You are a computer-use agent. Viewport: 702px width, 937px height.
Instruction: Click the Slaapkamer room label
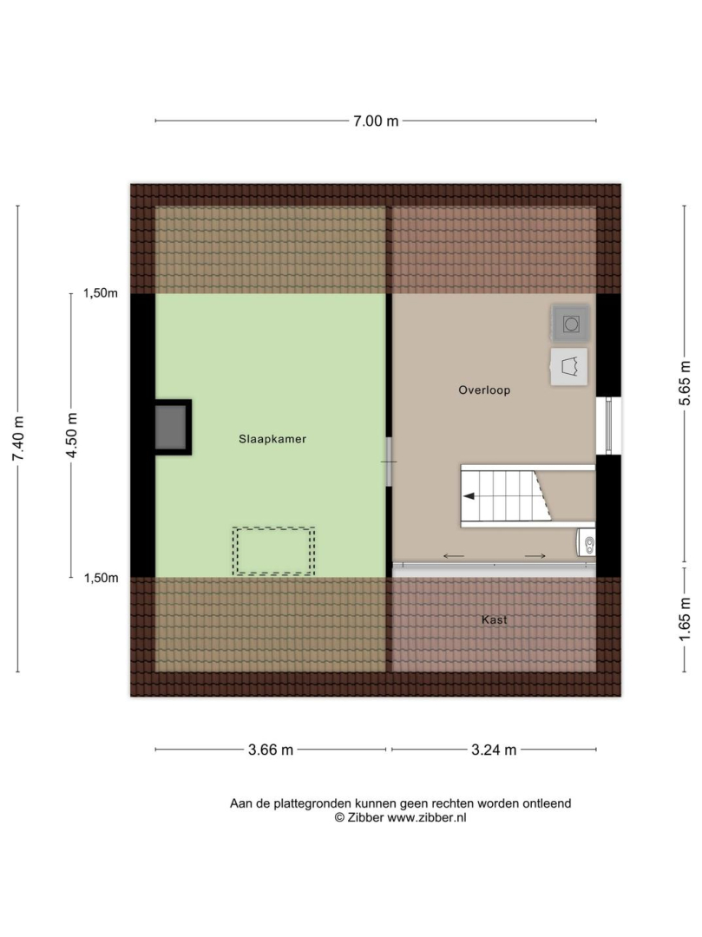[x=272, y=439]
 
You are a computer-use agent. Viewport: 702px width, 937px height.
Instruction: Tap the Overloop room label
[x=484, y=390]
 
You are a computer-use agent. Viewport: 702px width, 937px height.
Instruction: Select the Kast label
[x=494, y=619]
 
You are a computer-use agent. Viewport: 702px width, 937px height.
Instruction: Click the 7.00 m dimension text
[x=376, y=121]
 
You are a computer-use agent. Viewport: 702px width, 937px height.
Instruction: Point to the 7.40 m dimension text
[x=18, y=438]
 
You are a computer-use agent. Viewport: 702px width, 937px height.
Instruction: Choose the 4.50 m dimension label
[x=71, y=436]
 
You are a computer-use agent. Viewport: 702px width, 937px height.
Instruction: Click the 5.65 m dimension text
[x=685, y=383]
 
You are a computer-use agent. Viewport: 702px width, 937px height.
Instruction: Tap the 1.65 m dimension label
[x=685, y=618]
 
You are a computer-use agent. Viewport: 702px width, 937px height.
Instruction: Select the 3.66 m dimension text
[x=271, y=750]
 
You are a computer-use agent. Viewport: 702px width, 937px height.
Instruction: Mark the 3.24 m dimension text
[x=494, y=750]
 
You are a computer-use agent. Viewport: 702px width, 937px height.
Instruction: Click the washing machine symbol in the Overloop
[x=571, y=324]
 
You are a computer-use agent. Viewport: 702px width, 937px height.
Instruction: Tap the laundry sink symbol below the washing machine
[x=568, y=366]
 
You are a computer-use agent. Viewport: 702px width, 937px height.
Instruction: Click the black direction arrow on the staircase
[x=469, y=496]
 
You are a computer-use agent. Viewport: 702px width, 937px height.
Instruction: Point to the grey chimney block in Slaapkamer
[x=171, y=427]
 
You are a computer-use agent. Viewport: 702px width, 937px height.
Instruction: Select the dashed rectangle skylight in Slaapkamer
[x=273, y=551]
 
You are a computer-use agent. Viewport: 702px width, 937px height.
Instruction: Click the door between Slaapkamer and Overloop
[x=389, y=462]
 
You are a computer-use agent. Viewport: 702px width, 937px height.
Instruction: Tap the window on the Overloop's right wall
[x=609, y=425]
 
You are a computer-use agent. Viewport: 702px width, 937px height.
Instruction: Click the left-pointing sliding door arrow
[x=454, y=556]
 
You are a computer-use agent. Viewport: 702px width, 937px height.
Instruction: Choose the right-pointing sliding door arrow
[x=535, y=556]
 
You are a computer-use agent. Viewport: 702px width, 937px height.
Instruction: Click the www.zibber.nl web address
[x=427, y=818]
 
